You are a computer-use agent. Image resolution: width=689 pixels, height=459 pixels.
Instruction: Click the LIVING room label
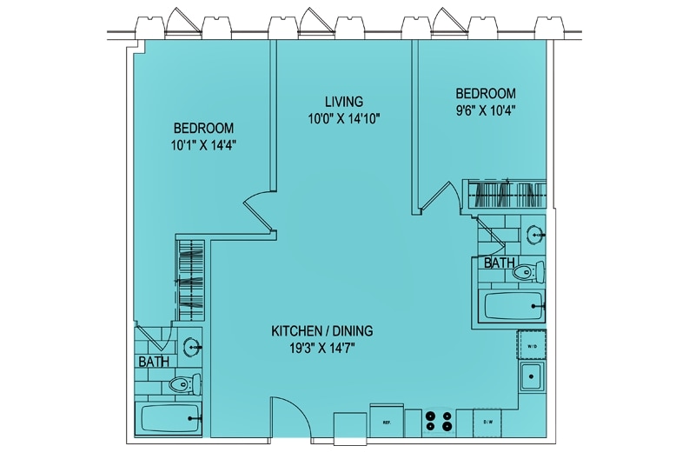click(344, 102)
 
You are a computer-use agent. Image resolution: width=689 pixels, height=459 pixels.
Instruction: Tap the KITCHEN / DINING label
click(322, 330)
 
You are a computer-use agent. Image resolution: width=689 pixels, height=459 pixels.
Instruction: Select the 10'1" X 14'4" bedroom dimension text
click(203, 145)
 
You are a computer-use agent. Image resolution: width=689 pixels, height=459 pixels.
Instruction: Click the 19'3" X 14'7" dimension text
click(322, 349)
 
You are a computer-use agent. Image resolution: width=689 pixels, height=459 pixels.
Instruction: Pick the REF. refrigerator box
click(388, 421)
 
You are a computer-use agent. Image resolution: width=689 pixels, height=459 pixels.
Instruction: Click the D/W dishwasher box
click(487, 422)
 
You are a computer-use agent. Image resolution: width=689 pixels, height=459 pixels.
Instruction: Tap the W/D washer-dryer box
click(532, 346)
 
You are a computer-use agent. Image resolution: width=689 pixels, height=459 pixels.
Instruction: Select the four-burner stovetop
click(439, 420)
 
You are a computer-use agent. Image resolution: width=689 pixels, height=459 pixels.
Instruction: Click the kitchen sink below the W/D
click(532, 376)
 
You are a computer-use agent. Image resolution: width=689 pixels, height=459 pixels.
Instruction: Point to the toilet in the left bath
click(185, 384)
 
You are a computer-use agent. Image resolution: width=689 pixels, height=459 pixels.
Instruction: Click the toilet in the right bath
click(528, 271)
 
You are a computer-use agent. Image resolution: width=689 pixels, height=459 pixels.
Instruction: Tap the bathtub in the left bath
click(169, 418)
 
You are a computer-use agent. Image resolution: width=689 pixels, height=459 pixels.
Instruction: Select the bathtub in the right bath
click(513, 306)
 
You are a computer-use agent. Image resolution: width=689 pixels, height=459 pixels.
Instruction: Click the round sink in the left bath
click(193, 347)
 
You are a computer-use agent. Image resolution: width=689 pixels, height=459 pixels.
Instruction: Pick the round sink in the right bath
click(535, 235)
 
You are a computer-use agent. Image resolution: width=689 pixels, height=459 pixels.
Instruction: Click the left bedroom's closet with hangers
click(190, 280)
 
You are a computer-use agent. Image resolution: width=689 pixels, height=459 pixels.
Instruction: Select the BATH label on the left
click(154, 362)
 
